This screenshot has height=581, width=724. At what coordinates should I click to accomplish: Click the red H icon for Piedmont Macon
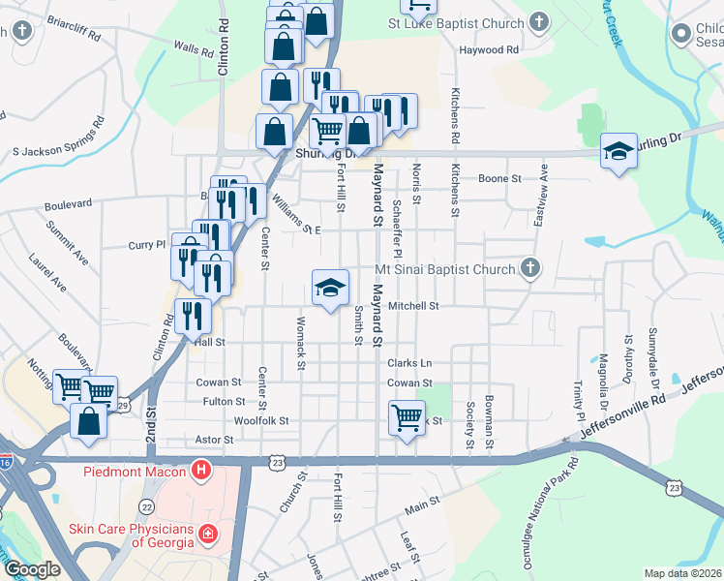[201, 472]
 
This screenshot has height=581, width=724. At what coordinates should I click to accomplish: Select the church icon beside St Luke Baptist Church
[539, 21]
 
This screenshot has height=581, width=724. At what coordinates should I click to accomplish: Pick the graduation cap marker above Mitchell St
[329, 288]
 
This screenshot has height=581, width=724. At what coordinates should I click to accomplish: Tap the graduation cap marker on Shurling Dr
[618, 151]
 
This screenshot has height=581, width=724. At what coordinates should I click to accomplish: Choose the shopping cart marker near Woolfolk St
[407, 419]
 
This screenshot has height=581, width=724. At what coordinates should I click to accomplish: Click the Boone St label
[501, 179]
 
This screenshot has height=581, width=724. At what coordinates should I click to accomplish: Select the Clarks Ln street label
[409, 363]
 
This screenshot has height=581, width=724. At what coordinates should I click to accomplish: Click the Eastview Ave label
[544, 187]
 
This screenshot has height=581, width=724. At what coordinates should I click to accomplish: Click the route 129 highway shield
[122, 405]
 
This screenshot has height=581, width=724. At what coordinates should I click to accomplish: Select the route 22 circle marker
[146, 505]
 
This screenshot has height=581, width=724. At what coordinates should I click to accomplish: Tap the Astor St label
[215, 440]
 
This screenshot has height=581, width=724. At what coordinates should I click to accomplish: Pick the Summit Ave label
[66, 242]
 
